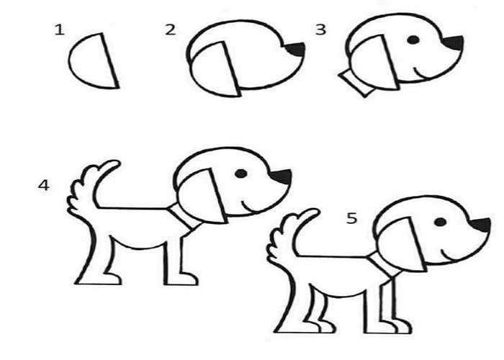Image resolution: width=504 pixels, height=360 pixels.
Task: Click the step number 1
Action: (60, 30)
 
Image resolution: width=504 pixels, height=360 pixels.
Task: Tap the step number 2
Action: (171, 30)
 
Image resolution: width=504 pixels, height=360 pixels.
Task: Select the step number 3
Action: (321, 30)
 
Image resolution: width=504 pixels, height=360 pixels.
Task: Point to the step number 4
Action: (44, 186)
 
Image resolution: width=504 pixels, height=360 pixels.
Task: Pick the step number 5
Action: (351, 218)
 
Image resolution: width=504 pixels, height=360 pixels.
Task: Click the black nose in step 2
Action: (296, 49)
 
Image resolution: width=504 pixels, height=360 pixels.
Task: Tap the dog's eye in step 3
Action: (413, 40)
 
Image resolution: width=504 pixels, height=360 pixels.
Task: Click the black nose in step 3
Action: (454, 42)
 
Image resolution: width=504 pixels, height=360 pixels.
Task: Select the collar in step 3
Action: (356, 83)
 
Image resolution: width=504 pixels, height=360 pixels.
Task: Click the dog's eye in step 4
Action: (241, 174)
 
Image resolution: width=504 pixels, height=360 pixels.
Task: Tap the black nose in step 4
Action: (282, 176)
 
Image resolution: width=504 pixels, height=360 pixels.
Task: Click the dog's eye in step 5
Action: (440, 222)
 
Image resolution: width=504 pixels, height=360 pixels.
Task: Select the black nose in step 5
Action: (480, 225)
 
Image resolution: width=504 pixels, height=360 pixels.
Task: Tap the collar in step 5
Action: (384, 265)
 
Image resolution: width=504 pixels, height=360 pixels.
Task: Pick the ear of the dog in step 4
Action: (202, 195)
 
